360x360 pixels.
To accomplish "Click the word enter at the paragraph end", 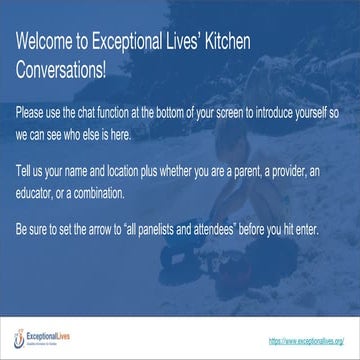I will pos(303,230).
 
